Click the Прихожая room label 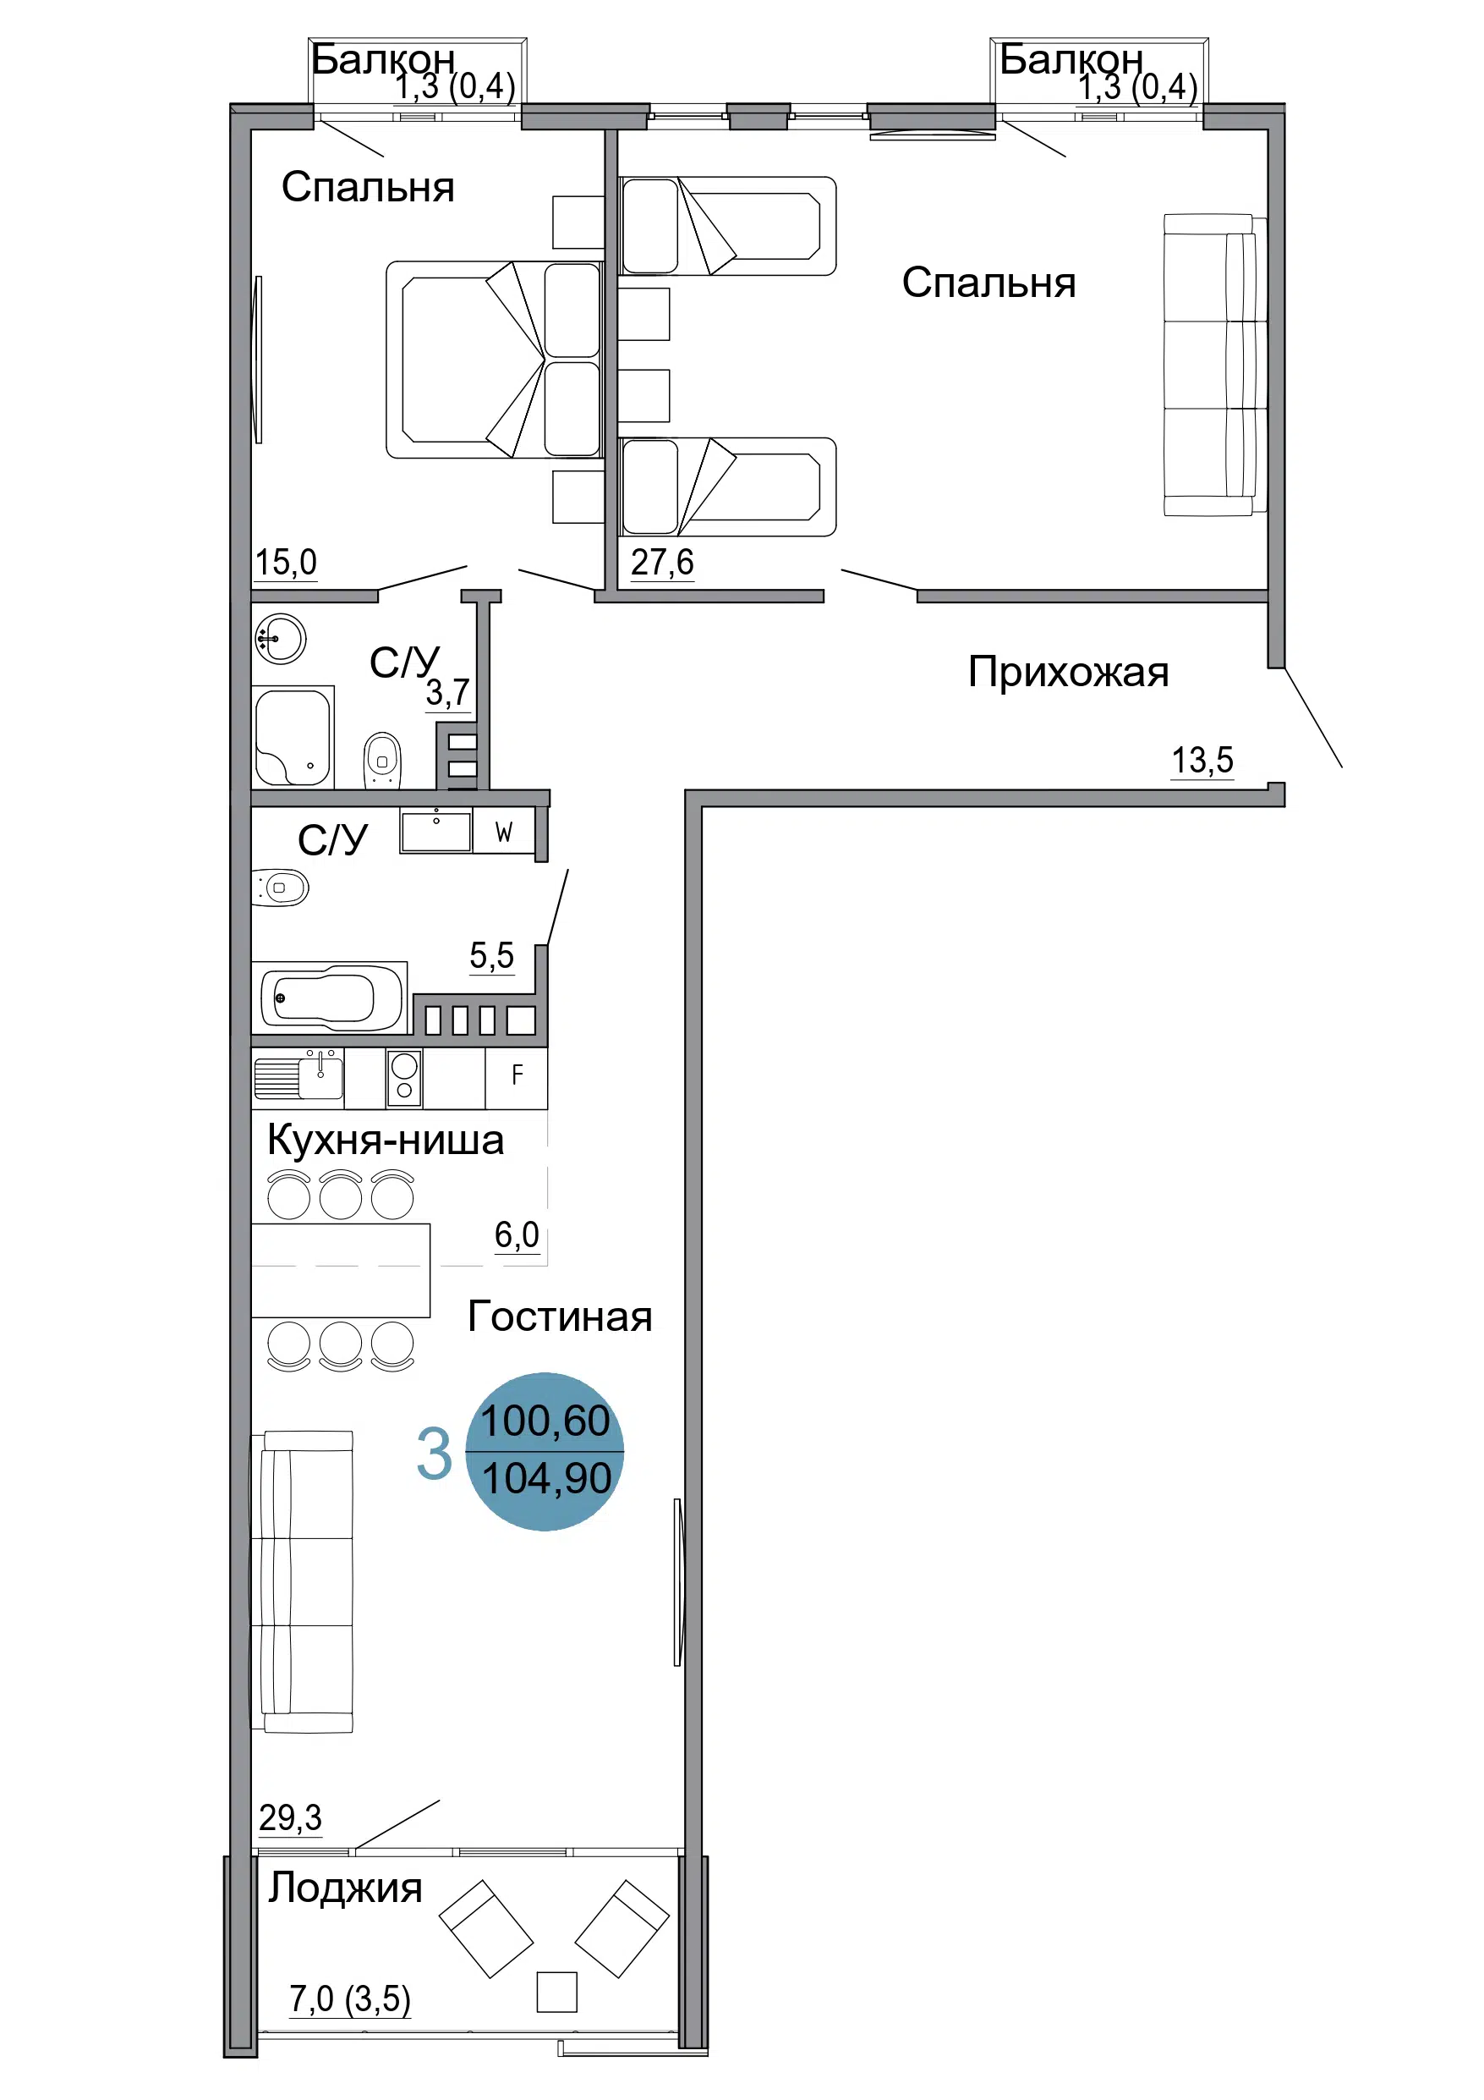click(x=1068, y=673)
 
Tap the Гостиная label click(x=560, y=1317)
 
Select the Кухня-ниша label click(x=385, y=1141)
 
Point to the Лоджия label click(x=345, y=1888)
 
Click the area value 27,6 click(x=662, y=562)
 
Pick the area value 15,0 click(x=285, y=563)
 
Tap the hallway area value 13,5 click(x=1202, y=760)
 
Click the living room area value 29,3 click(x=290, y=1817)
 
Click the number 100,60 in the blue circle click(x=545, y=1421)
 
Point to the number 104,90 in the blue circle click(x=546, y=1479)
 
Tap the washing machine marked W click(x=504, y=832)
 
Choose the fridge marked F click(x=517, y=1077)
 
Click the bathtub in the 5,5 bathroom click(x=330, y=997)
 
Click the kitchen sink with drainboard click(x=298, y=1076)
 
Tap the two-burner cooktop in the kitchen click(x=404, y=1077)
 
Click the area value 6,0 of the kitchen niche click(x=517, y=1234)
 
